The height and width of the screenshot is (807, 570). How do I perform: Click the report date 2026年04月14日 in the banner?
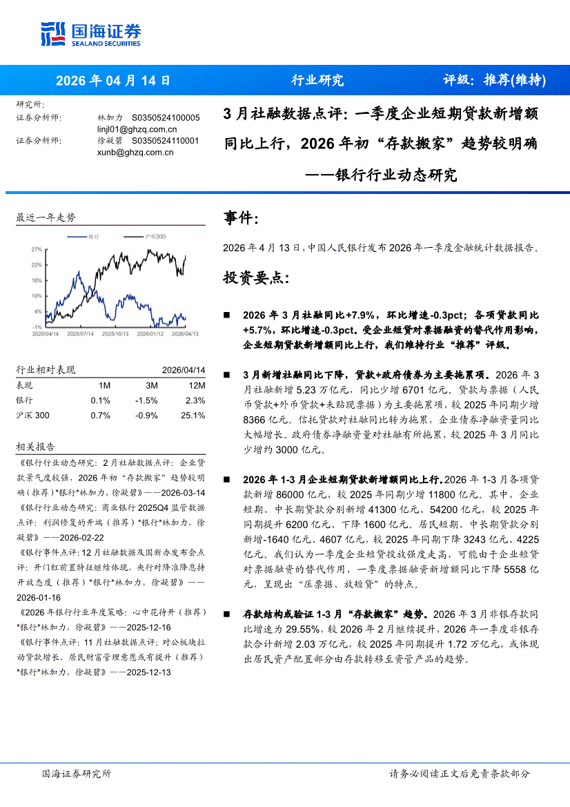point(112,80)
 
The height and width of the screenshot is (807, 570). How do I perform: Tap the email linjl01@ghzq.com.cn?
point(137,129)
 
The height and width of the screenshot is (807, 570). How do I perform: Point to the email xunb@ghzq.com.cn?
point(135,152)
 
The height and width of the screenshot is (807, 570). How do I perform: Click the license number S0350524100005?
point(166,118)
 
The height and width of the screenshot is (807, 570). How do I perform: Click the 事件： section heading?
point(242,219)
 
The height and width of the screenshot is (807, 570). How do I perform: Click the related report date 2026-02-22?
point(82,536)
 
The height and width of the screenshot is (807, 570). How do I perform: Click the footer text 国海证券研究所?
point(77,773)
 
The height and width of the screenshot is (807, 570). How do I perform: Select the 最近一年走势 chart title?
point(46,217)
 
